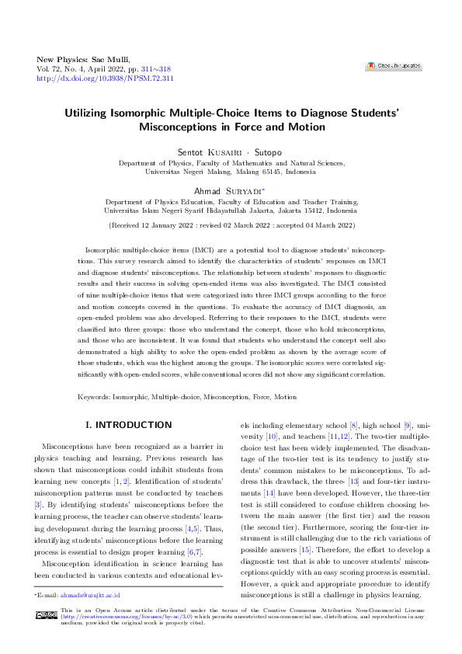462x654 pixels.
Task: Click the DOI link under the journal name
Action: [105, 78]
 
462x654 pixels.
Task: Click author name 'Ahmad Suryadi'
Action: [230, 190]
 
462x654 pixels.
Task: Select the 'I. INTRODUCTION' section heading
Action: [128, 425]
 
